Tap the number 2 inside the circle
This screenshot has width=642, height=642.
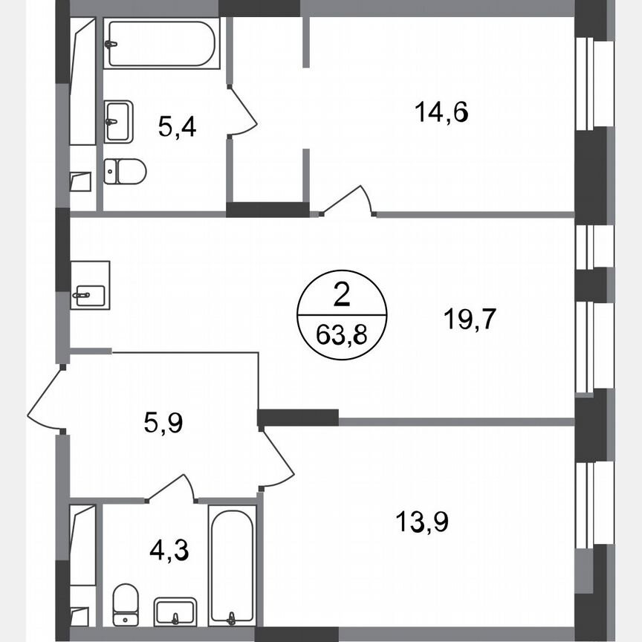(342, 297)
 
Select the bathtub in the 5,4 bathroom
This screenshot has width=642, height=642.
(161, 44)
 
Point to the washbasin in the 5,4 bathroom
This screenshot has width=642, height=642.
(118, 122)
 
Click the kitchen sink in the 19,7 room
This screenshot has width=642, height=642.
(90, 285)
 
